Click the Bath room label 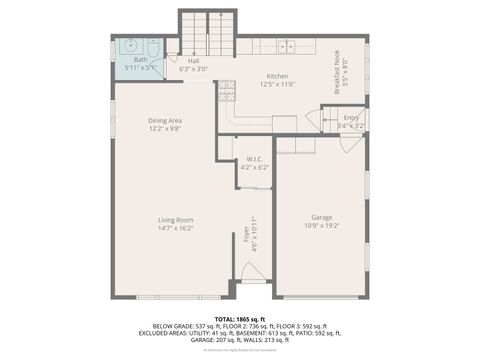click(139, 60)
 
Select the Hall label click(193, 60)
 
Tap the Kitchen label click(278, 76)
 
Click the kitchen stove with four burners click(227, 93)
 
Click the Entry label click(351, 118)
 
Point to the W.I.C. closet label click(255, 159)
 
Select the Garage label click(321, 217)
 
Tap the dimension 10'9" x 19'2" click(321, 226)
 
